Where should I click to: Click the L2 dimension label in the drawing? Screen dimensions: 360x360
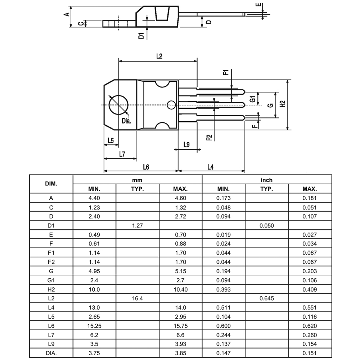click(159, 56)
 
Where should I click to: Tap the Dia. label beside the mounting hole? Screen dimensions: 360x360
click(126, 121)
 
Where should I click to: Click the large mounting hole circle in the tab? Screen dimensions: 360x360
click(119, 105)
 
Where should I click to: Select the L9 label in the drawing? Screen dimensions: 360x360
click(186, 145)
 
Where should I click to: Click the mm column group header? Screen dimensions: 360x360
click(137, 180)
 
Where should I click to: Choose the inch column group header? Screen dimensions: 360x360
click(267, 180)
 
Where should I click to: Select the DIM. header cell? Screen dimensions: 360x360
click(51, 184)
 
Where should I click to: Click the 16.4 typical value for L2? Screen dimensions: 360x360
click(137, 298)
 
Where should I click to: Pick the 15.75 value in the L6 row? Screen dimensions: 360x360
click(180, 326)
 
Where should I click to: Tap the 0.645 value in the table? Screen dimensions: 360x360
click(267, 298)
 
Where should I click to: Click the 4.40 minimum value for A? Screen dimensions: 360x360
click(94, 198)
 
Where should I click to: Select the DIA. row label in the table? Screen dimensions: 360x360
click(51, 353)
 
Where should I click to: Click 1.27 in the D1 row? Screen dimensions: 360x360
click(137, 226)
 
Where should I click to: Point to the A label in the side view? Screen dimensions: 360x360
click(66, 14)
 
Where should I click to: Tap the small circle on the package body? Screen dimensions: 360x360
click(171, 105)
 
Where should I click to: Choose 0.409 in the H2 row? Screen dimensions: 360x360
click(310, 289)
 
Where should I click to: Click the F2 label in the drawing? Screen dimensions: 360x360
click(209, 138)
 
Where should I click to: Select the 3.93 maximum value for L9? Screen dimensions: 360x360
click(180, 344)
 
